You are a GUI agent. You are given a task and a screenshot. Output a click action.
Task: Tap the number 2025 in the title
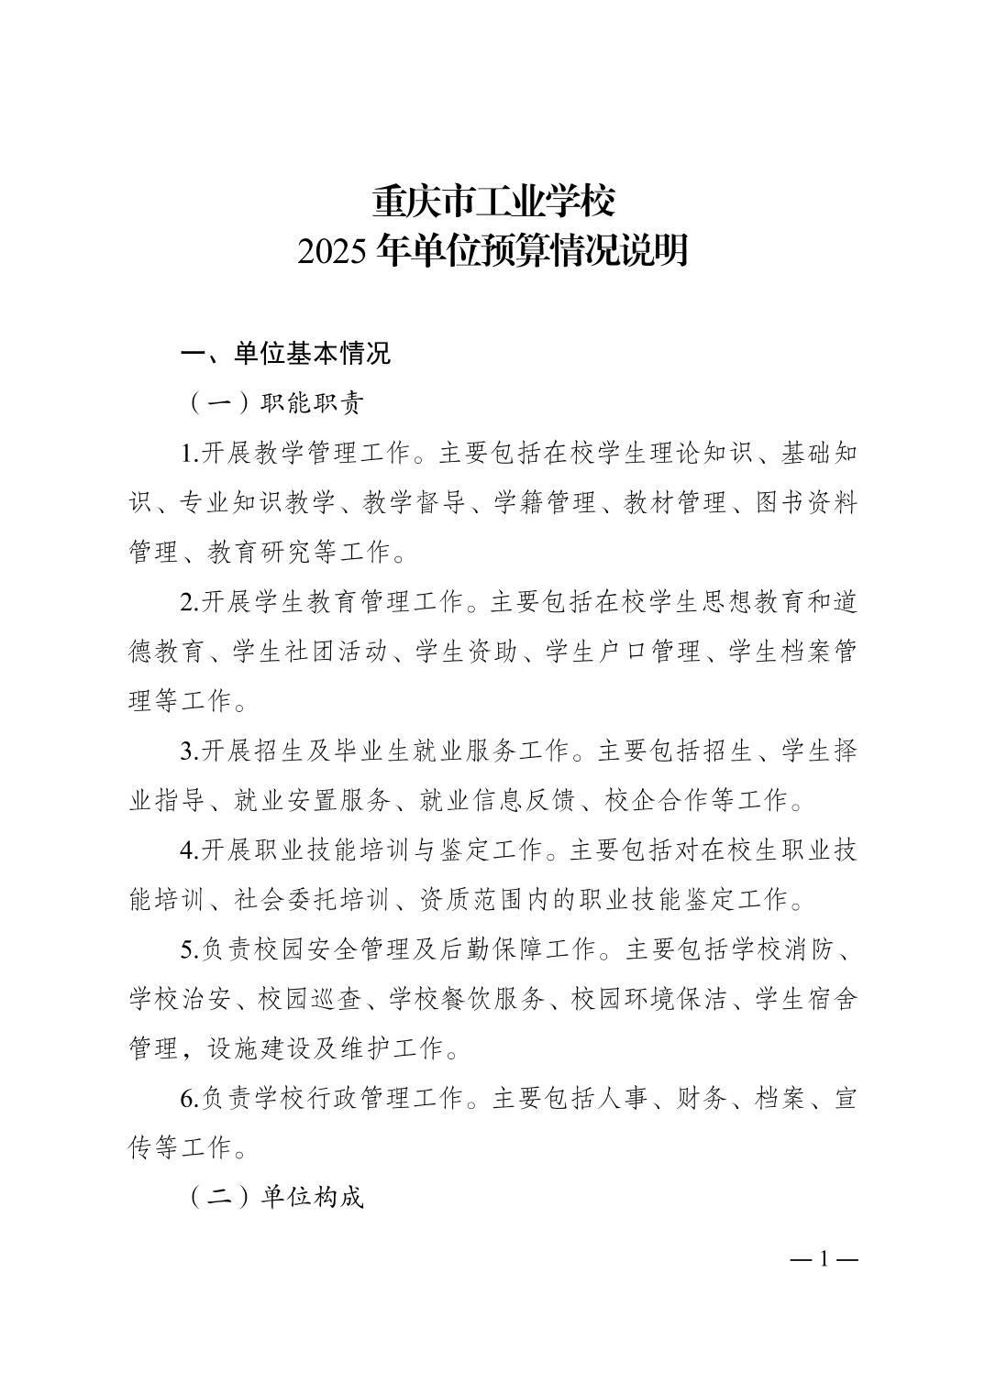333,251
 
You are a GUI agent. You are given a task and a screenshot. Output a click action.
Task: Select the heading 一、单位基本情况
285,354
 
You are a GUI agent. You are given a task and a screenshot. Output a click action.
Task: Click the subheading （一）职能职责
275,403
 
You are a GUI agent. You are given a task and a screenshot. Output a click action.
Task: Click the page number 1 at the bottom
824,1258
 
